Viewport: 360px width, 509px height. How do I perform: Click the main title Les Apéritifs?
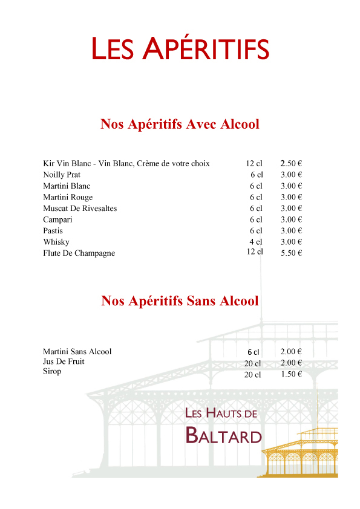[x=180, y=48]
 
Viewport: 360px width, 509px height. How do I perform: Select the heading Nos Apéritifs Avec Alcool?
[x=180, y=125]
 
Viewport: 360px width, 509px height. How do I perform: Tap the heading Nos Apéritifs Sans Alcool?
[x=180, y=300]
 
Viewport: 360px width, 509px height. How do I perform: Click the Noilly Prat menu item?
[x=62, y=175]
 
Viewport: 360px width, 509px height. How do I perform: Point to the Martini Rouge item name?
[x=68, y=197]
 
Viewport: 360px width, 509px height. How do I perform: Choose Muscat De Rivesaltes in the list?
[x=80, y=209]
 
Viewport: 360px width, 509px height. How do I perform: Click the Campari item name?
[x=57, y=219]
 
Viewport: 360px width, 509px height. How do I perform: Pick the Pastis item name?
[x=53, y=231]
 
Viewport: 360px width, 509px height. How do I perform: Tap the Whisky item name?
[x=56, y=242]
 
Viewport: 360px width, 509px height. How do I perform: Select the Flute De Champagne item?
[x=79, y=253]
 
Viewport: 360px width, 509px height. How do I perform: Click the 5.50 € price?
[x=291, y=253]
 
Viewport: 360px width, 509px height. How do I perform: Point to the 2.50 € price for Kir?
[x=291, y=163]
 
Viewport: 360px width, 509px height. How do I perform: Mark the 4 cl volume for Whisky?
[x=256, y=242]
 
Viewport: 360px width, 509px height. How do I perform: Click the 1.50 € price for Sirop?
[x=291, y=374]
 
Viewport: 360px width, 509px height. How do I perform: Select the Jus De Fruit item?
[x=64, y=361]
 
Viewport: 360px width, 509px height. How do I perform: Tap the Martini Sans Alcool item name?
[x=77, y=351]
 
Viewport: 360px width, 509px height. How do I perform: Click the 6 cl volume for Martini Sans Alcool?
[x=253, y=352]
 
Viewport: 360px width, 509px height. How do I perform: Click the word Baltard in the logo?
[x=223, y=435]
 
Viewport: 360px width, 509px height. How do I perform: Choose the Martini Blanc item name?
[x=67, y=186]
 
